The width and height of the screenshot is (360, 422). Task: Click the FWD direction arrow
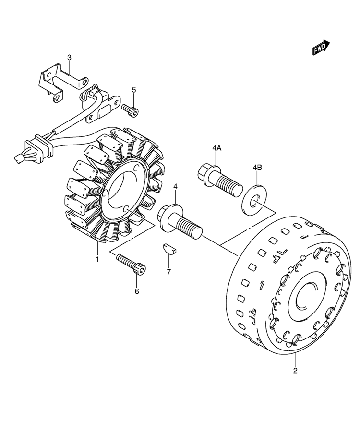click(x=321, y=48)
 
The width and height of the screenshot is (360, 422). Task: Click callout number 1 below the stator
click(x=97, y=259)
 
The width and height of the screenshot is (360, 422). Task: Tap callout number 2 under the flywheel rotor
click(x=295, y=370)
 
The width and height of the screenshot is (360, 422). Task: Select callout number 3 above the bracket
click(x=69, y=57)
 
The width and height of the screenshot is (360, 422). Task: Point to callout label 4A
click(x=216, y=148)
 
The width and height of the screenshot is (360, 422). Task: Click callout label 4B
click(x=257, y=168)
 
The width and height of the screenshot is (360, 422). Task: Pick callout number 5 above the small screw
click(x=134, y=90)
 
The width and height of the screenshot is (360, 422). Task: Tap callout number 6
click(x=137, y=291)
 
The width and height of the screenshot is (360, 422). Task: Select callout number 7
click(x=168, y=272)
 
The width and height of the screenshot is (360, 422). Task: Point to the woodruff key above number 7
click(x=169, y=249)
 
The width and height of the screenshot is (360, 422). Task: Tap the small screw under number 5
click(x=130, y=110)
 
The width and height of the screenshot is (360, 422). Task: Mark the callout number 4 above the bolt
click(x=175, y=186)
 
